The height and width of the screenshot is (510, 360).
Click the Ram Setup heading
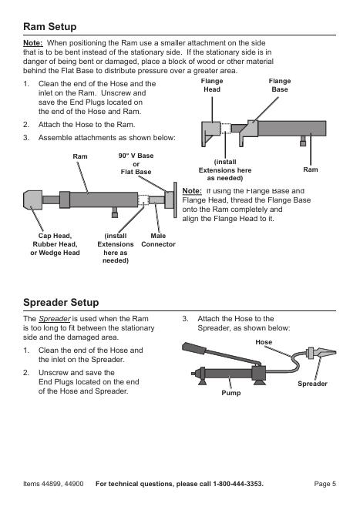tap(50, 26)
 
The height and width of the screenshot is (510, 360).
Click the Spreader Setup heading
tap(61, 302)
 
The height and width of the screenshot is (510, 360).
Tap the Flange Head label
tap(212, 86)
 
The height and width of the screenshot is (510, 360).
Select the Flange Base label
tap(280, 86)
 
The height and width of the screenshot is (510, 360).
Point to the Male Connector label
tap(158, 240)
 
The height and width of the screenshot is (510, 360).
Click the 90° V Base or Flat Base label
tap(136, 163)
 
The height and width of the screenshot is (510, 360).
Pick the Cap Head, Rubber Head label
tap(55, 240)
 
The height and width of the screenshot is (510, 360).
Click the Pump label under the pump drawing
tap(231, 393)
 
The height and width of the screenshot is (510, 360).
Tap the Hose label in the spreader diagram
tap(264, 342)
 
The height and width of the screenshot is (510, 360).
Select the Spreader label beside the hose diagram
tap(312, 384)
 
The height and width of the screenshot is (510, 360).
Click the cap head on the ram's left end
tap(32, 200)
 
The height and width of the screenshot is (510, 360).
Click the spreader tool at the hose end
tap(321, 353)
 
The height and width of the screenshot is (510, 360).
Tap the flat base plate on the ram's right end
tap(175, 200)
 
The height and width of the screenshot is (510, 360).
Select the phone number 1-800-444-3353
tap(237, 484)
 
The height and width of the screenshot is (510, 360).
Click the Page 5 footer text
tap(325, 484)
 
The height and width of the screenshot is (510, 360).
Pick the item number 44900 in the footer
tap(74, 484)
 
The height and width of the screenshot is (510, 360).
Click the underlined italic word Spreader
tap(55, 319)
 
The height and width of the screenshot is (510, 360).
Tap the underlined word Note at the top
tap(33, 43)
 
